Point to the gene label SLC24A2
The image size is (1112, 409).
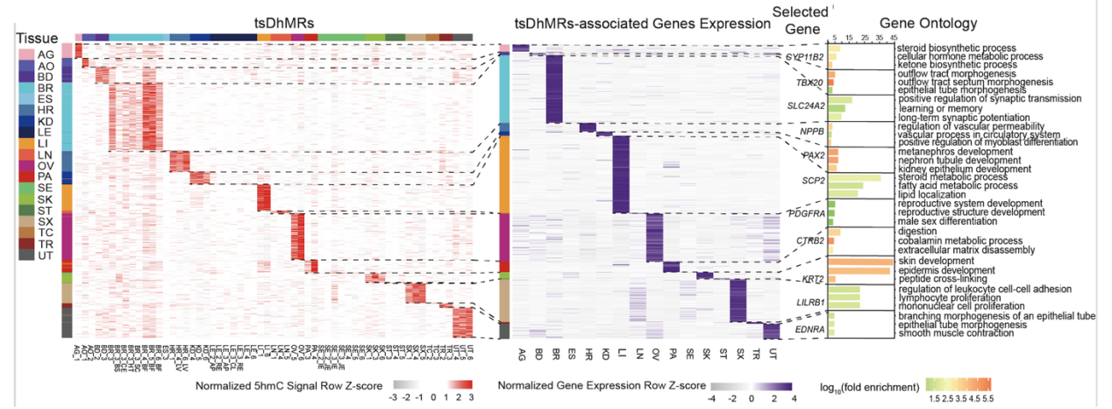click(x=806, y=106)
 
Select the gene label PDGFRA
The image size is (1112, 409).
click(x=806, y=213)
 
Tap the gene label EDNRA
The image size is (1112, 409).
click(x=807, y=329)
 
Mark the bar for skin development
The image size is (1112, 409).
click(x=859, y=262)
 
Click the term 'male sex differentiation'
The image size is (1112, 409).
click(x=950, y=220)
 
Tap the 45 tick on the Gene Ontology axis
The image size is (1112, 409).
click(x=893, y=38)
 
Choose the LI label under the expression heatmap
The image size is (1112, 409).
click(x=620, y=352)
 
